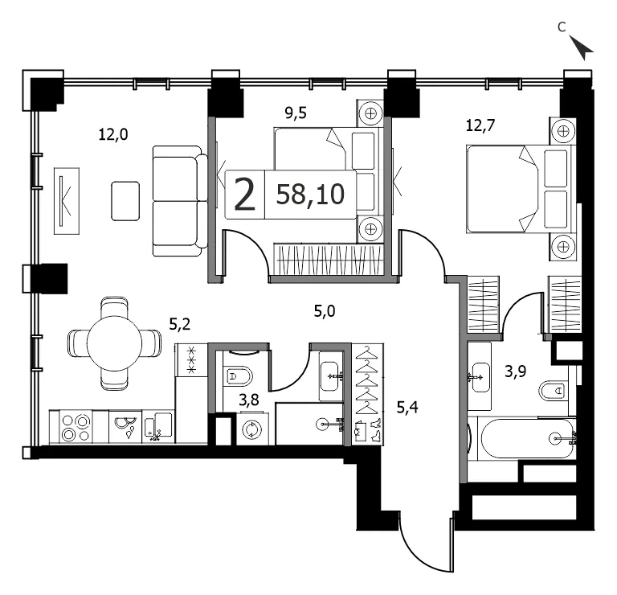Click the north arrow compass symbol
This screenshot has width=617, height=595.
[581, 47]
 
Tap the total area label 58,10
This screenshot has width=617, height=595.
[310, 194]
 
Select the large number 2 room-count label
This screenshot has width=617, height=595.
[245, 195]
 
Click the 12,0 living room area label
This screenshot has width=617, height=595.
[113, 135]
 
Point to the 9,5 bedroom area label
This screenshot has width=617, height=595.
[296, 113]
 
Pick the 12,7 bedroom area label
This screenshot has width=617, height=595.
[480, 125]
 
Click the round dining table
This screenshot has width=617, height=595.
[114, 343]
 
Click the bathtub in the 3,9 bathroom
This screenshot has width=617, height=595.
[527, 438]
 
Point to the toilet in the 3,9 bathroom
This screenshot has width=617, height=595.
[553, 390]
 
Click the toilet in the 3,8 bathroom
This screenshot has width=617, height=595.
[239, 376]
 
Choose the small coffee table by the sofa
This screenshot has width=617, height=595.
[125, 201]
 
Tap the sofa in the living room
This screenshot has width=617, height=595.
[180, 201]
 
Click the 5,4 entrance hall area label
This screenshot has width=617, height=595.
[407, 408]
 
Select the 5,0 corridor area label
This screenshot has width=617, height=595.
[325, 311]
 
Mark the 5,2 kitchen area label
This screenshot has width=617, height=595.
[180, 324]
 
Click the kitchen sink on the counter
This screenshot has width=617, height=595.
[125, 427]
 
